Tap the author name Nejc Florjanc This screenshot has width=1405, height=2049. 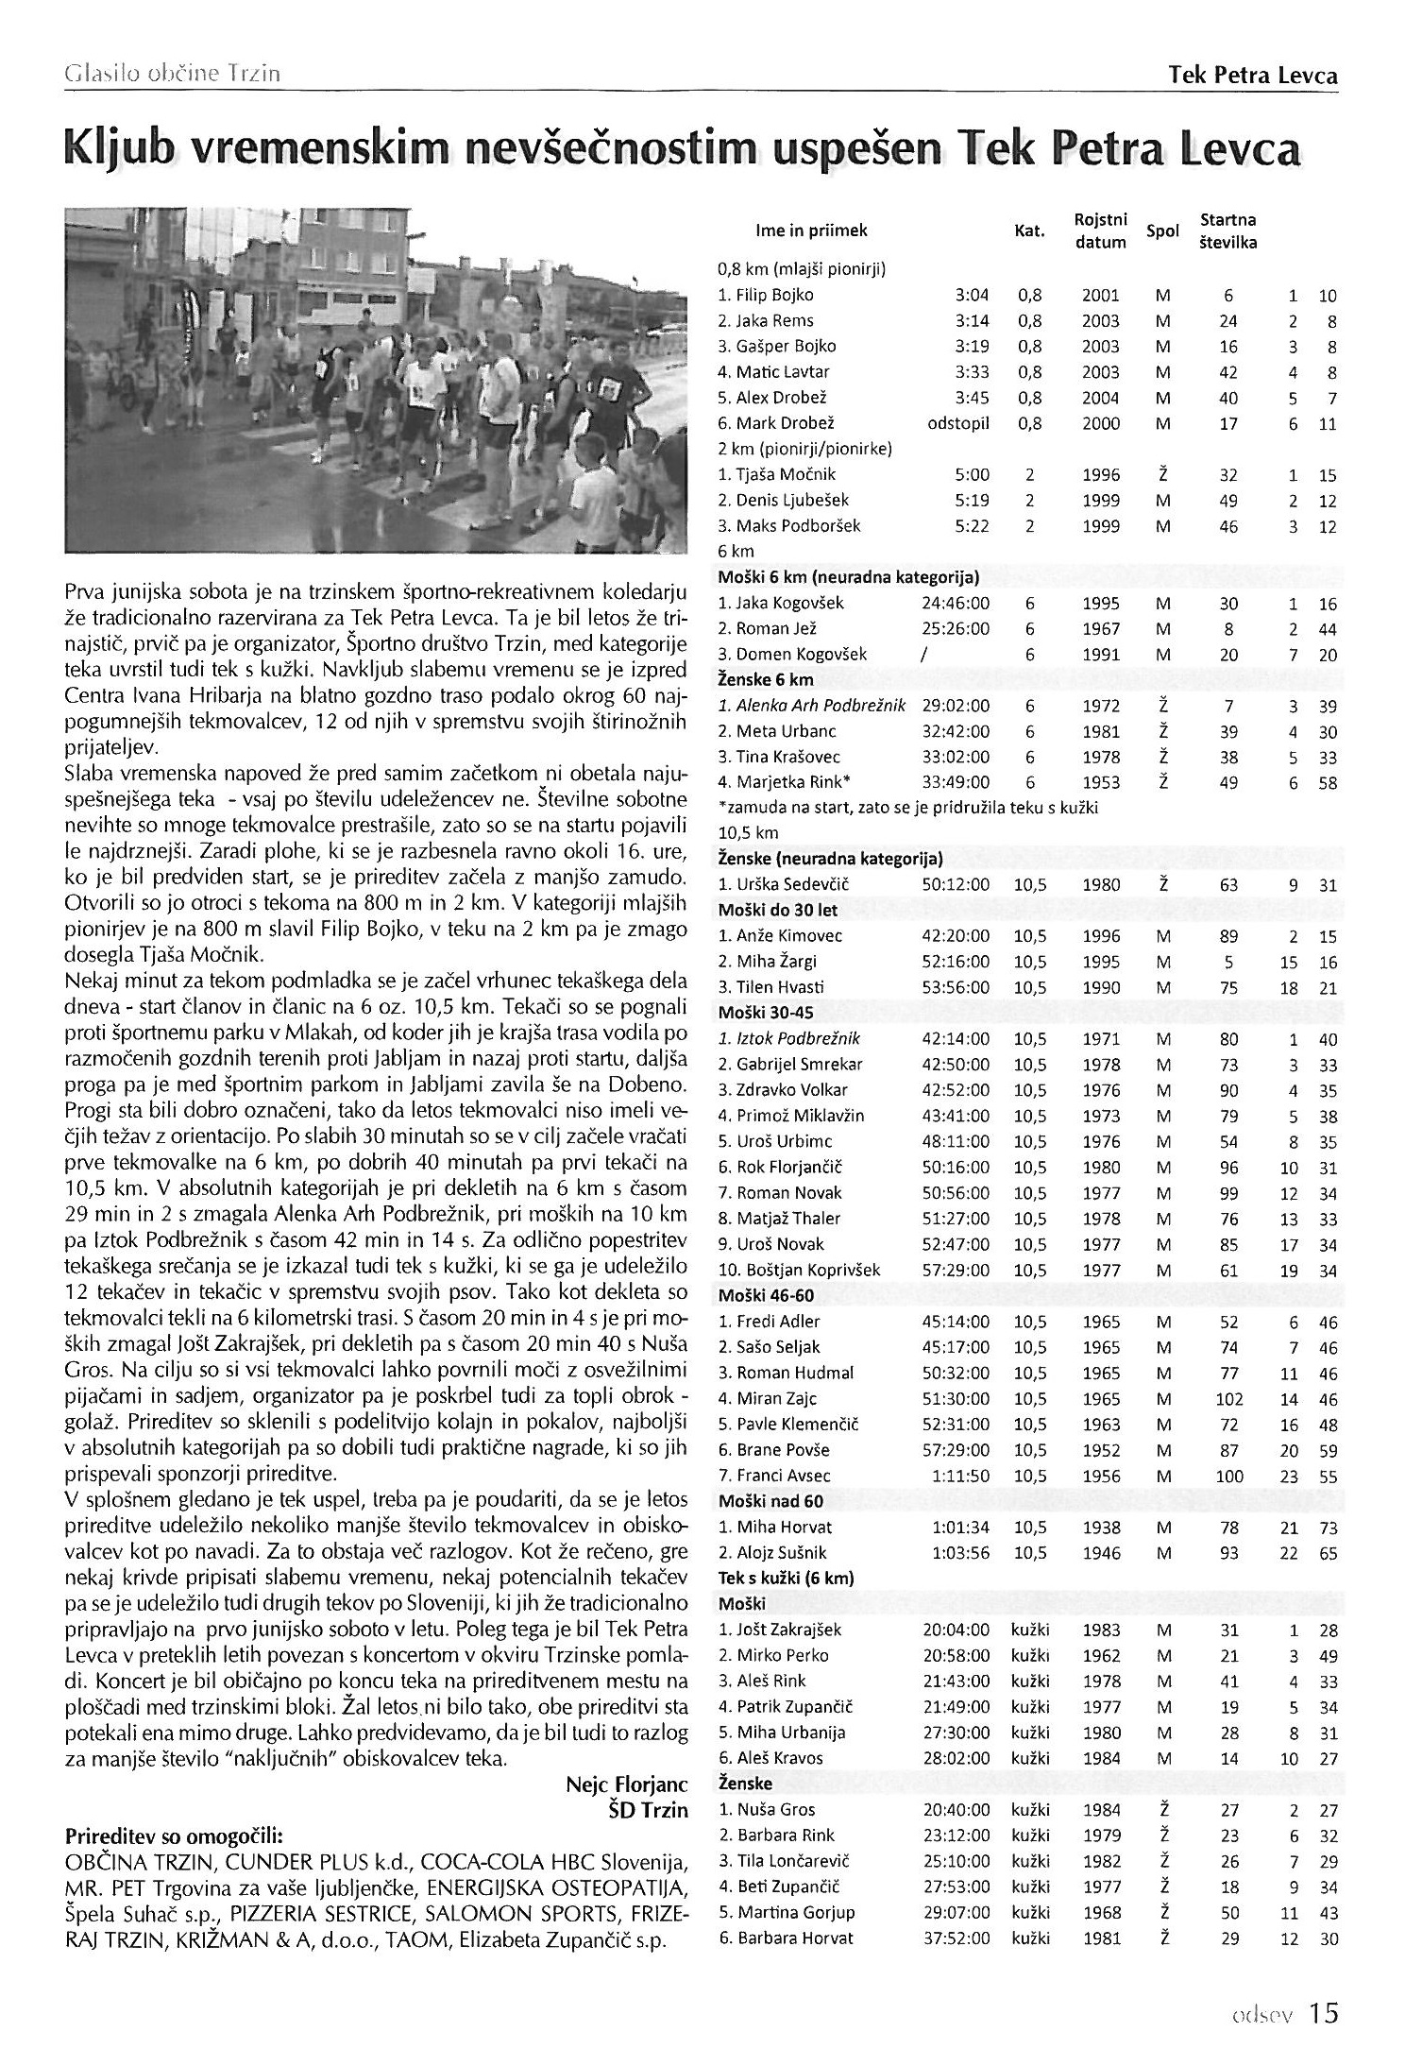click(x=626, y=1784)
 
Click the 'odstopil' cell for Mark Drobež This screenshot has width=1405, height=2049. click(x=958, y=423)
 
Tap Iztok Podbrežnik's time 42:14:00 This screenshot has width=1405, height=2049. click(x=956, y=1039)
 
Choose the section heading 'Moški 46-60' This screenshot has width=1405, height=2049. click(x=766, y=1295)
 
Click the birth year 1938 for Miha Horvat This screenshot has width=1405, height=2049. click(x=1100, y=1527)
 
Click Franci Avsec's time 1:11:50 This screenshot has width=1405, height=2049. click(x=962, y=1476)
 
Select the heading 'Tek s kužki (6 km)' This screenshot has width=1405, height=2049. click(x=786, y=1578)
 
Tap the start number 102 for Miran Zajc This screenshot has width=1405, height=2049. click(x=1227, y=1399)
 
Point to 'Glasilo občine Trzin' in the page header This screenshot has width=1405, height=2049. click(x=171, y=74)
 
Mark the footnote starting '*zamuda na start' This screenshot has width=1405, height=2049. click(x=908, y=808)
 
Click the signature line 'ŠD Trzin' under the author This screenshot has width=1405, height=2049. click(x=649, y=1811)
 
